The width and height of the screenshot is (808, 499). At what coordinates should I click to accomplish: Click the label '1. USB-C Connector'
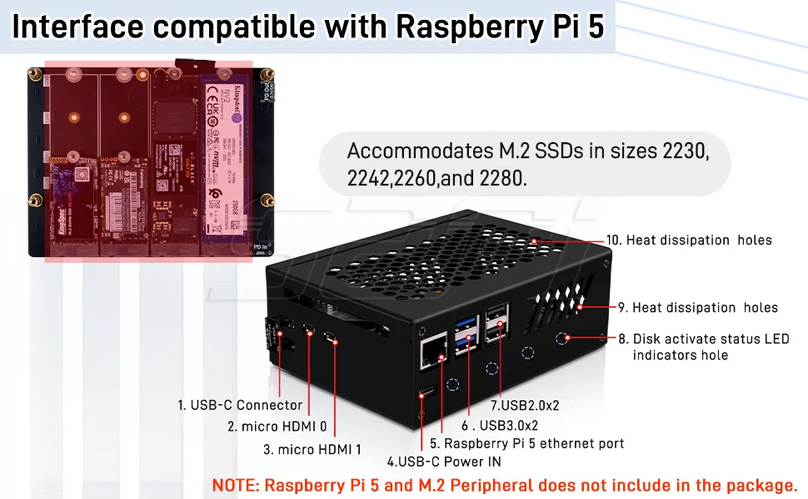(240, 405)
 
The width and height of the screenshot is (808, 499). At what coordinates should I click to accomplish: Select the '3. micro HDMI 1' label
(312, 449)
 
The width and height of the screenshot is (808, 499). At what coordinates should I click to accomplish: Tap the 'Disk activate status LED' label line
(711, 339)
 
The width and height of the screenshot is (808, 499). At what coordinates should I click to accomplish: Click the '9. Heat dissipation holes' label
(705, 308)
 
